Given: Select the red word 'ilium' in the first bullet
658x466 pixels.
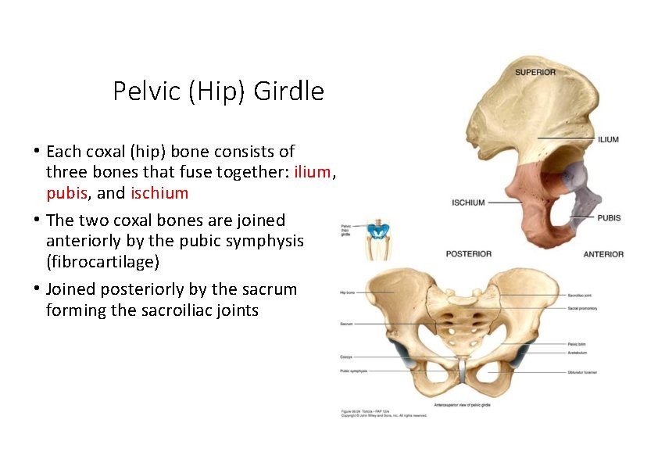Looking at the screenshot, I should (313, 172).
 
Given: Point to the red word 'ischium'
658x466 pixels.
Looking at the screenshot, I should (159, 192).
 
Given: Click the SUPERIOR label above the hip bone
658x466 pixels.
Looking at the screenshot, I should (535, 72).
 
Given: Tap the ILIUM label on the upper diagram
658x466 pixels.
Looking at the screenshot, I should (608, 139).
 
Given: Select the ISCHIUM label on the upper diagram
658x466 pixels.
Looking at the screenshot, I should (468, 203).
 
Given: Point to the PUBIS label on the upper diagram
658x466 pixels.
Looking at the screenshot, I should (609, 217).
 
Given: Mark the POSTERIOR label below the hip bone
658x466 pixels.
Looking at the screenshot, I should (468, 254).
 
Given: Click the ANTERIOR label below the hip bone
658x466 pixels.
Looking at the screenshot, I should (603, 254).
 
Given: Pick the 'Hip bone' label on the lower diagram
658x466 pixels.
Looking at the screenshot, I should (347, 293).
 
